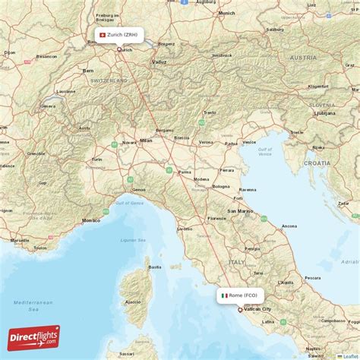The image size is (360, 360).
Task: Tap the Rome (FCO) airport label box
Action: pos(240,295)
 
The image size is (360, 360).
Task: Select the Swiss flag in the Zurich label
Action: pos(103,35)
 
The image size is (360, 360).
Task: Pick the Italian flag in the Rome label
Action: pos(225,295)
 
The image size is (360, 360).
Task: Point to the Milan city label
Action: pos(146,141)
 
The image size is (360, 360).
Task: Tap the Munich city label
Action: pos(226,13)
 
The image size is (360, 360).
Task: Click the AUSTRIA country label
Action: pos(303,57)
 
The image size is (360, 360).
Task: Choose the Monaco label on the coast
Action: pos(91,219)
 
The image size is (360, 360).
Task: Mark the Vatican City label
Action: pos(257,309)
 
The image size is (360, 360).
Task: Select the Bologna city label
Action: pos(221,185)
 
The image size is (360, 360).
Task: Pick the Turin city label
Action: pos(96,159)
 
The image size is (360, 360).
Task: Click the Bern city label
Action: pos(88,71)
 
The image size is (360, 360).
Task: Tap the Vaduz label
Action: pos(159,62)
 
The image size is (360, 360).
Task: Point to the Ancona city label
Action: pos(289,226)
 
